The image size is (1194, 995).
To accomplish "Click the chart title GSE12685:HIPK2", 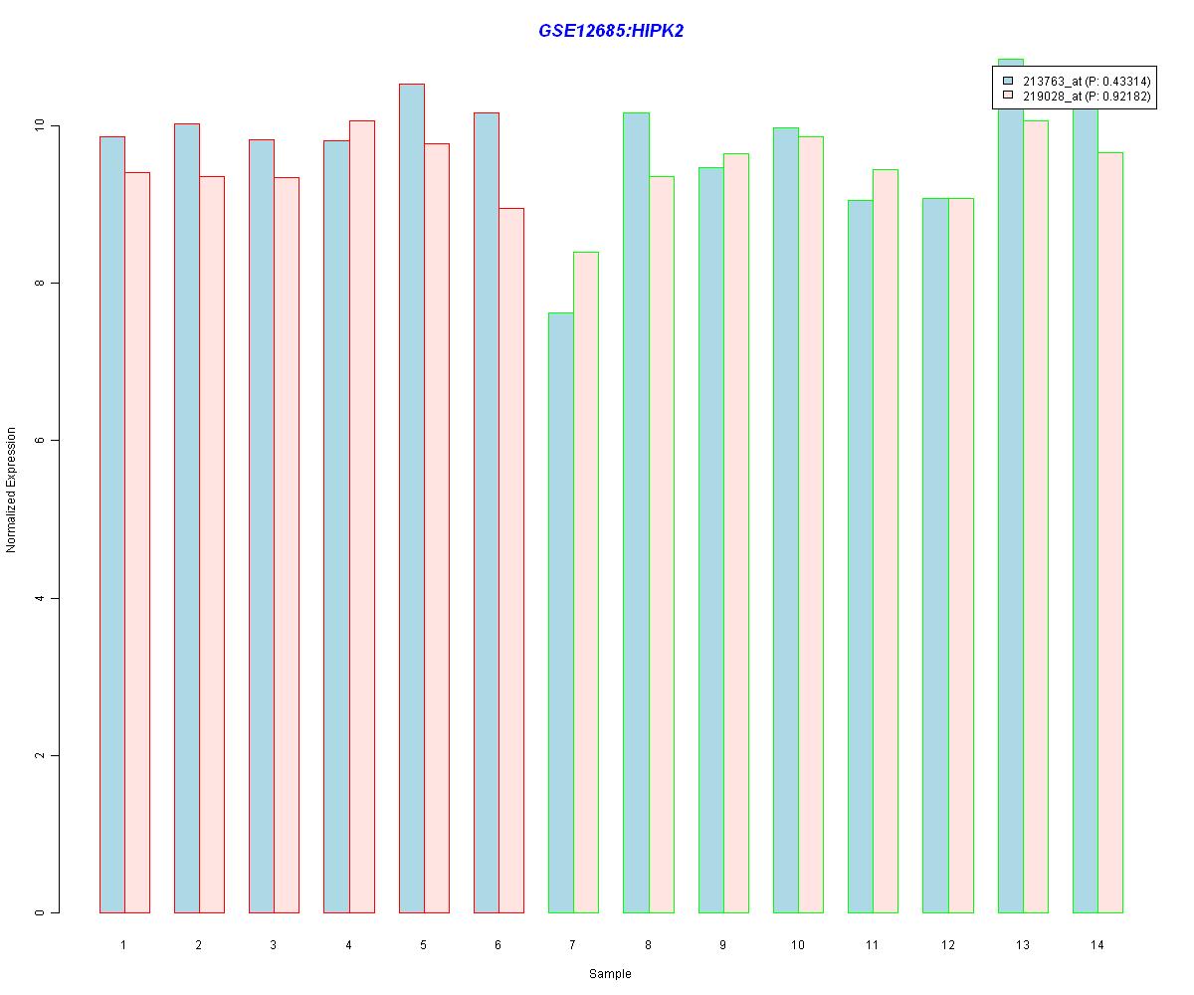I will (611, 31).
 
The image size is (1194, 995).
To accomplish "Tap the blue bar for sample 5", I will (411, 497).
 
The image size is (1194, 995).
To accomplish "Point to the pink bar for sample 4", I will (362, 516).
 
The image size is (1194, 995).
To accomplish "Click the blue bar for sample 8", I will (636, 512).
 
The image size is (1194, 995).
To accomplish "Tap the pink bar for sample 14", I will (1110, 532).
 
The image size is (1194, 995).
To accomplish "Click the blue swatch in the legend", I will (1008, 81).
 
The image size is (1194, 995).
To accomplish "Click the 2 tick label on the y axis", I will (40, 755).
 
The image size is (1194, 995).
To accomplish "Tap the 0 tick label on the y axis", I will (40, 912).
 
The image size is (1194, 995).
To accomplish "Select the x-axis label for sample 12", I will (947, 944).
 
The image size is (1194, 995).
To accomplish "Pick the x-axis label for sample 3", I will (273, 944).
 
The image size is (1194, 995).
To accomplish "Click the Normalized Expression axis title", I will (11, 490).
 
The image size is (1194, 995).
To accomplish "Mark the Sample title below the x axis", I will (610, 974).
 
